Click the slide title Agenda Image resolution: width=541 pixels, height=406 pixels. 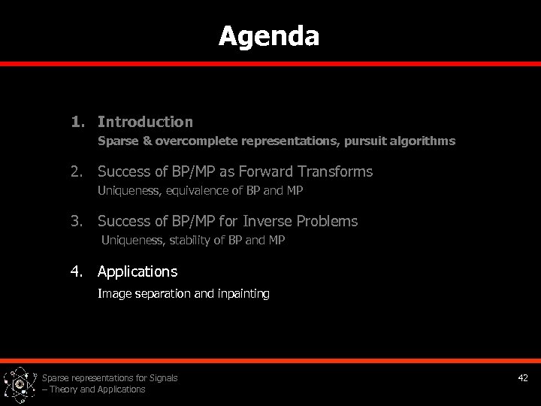(x=269, y=36)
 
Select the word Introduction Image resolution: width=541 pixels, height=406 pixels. (x=145, y=122)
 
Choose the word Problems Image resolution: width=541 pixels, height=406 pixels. (x=325, y=221)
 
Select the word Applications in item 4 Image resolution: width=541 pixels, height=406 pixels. (x=138, y=271)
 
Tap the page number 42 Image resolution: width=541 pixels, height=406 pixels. (x=523, y=378)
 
